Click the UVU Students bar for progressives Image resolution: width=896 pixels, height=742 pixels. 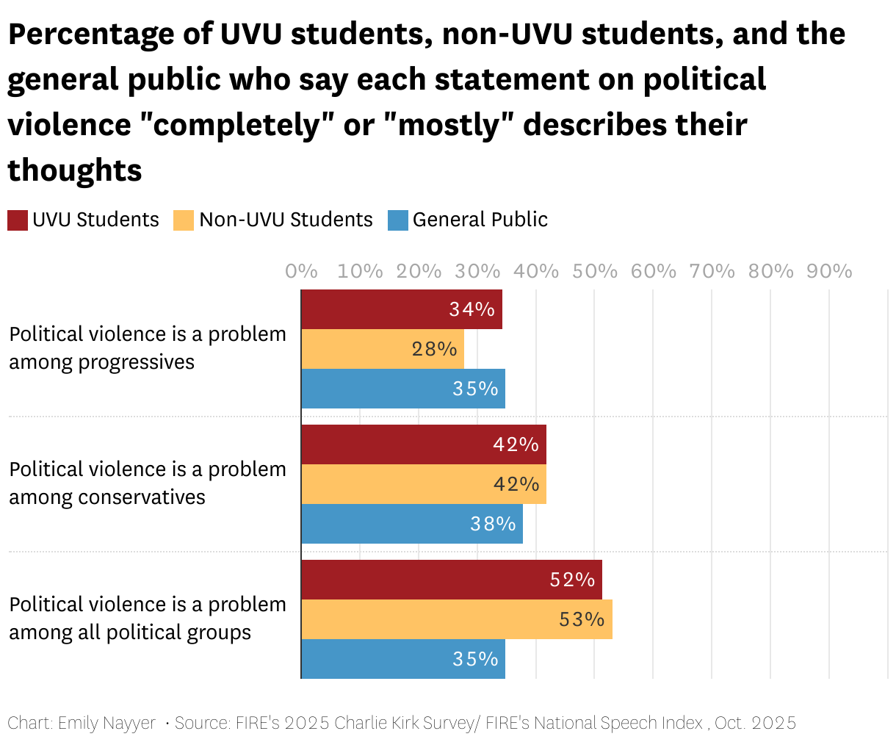(x=402, y=309)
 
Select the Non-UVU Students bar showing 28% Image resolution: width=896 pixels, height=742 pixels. (x=383, y=349)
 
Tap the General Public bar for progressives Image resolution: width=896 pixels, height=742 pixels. (x=403, y=389)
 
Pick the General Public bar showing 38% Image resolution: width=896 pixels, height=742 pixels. (x=412, y=524)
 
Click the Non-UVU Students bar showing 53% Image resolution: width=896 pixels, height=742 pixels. (x=457, y=619)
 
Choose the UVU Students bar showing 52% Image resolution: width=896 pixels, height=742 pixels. (x=452, y=580)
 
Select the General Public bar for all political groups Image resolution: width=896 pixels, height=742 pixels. (x=403, y=659)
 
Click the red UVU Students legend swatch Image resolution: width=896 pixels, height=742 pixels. (x=18, y=220)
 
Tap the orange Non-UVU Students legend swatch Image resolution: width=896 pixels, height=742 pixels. (x=184, y=220)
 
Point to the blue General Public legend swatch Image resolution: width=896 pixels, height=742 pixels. (x=397, y=220)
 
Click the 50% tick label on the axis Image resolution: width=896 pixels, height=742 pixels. (x=595, y=271)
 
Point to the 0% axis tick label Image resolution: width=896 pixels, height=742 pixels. (x=301, y=271)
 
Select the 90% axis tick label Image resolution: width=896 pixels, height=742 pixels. (x=829, y=271)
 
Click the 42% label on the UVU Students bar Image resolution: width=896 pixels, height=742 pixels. (x=516, y=444)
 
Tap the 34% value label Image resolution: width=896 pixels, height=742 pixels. (x=472, y=309)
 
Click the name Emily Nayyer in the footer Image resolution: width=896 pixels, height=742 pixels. (x=106, y=723)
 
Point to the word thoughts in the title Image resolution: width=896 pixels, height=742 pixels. (x=75, y=170)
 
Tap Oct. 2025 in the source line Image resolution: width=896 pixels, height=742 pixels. (x=755, y=723)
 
